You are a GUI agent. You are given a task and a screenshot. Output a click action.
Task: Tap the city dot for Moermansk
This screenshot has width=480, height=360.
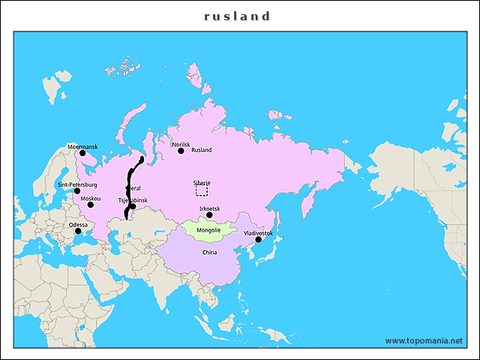click(x=82, y=153)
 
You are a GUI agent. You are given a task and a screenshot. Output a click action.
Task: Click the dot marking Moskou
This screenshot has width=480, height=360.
click(x=90, y=205)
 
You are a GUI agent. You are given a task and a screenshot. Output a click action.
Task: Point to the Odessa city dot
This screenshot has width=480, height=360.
click(x=78, y=231)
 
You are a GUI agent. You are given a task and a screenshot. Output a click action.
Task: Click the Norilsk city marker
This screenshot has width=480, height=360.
click(x=181, y=151)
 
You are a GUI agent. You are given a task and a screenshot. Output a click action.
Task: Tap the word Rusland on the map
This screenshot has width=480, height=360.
click(x=202, y=150)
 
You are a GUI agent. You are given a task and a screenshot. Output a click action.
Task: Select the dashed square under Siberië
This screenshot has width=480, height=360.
click(x=201, y=191)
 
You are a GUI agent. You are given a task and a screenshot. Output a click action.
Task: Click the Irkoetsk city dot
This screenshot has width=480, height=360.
click(x=209, y=215)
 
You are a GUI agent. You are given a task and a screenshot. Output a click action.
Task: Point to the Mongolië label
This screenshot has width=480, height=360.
click(x=208, y=229)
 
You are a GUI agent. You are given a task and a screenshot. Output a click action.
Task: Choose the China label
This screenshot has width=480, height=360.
click(x=209, y=253)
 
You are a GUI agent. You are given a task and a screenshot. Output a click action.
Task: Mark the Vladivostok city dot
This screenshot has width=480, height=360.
click(x=258, y=240)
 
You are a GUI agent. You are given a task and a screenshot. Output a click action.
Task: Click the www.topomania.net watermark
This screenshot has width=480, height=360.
click(x=424, y=340)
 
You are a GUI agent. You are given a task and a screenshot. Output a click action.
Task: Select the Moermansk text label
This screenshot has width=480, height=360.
click(x=82, y=146)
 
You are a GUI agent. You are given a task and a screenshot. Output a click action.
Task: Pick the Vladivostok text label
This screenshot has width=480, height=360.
click(x=258, y=233)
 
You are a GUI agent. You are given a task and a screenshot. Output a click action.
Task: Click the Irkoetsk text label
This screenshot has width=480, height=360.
click(x=209, y=208)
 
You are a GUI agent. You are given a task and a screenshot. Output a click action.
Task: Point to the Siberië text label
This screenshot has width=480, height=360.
click(x=202, y=183)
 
